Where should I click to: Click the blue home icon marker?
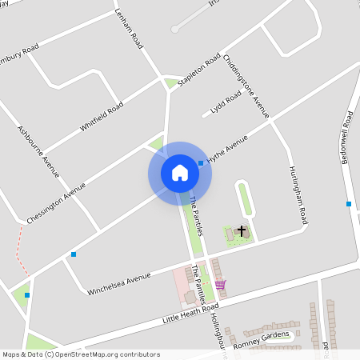pos(180,173)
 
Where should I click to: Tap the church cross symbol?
pos(242,231)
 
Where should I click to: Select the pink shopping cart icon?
pos(220,284)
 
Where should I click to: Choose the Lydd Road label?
pos(226,104)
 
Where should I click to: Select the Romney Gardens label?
pos(261,341)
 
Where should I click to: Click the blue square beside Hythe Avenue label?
pos(200,162)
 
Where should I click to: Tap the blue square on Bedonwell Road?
pos(349,203)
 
